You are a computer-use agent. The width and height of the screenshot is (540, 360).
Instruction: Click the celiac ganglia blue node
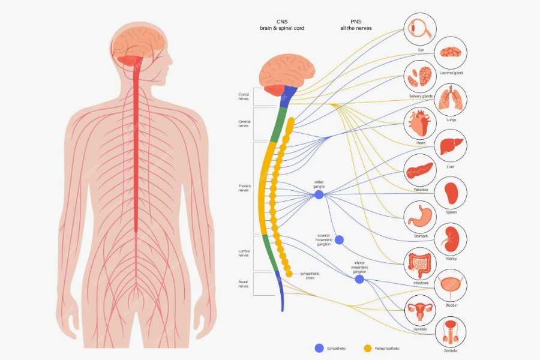point(319,194)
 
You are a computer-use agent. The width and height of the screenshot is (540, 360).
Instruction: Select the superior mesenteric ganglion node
point(339,240)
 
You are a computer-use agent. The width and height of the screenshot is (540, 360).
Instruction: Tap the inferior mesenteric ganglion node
point(359,279)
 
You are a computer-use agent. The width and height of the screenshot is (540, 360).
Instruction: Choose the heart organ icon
point(419,123)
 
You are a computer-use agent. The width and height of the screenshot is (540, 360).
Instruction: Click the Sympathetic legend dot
point(319,348)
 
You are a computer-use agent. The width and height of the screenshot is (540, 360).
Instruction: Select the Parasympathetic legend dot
point(368,348)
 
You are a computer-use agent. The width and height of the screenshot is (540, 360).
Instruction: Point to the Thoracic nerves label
point(244,188)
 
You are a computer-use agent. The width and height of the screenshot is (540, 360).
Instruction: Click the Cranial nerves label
point(244,96)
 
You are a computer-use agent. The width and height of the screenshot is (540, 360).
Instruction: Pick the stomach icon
point(420,217)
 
